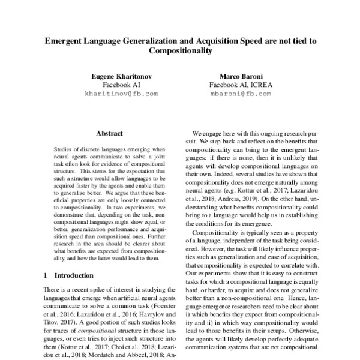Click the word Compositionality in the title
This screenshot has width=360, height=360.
180,52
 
